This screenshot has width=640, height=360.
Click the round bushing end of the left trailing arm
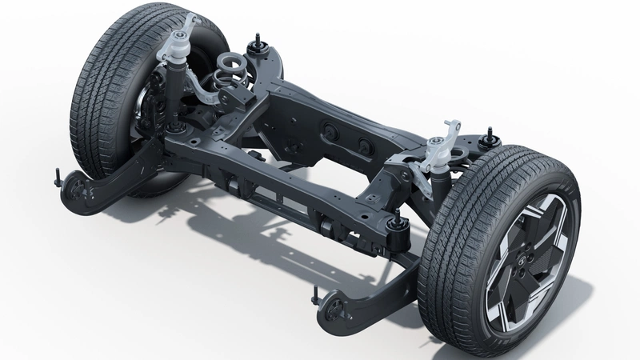tap(77, 186)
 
